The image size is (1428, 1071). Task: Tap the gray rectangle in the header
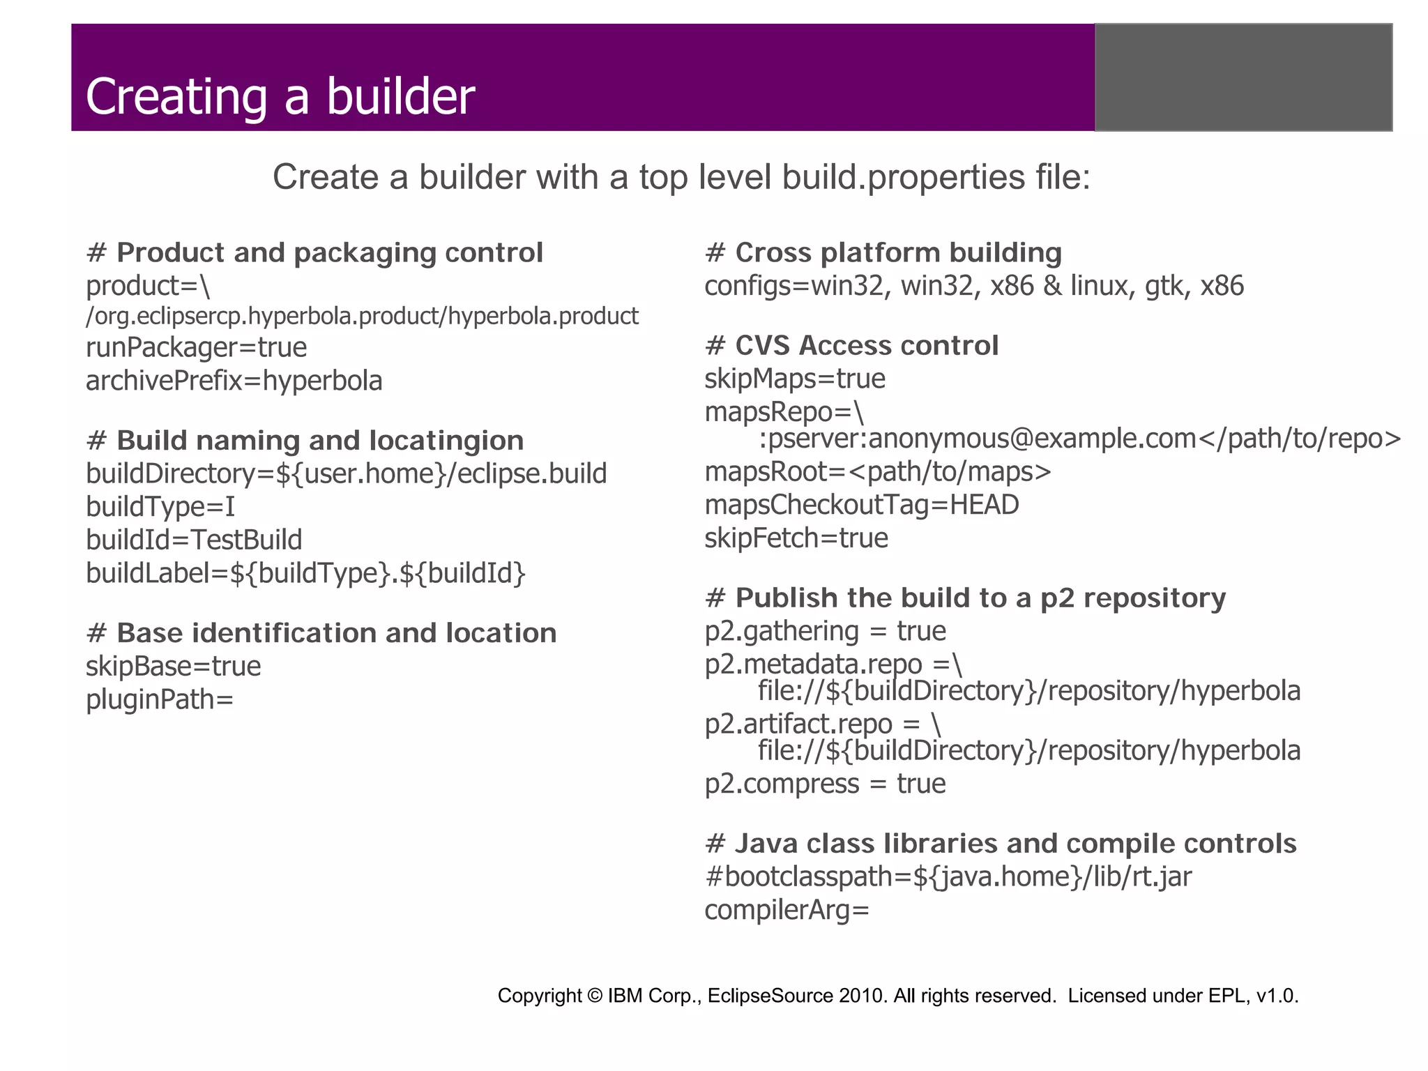1243,77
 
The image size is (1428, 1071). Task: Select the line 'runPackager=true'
196,347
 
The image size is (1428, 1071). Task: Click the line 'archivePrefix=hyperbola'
234,381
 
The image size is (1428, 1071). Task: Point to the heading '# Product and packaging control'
314,252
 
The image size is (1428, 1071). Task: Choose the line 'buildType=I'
160,506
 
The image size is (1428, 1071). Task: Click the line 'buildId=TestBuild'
194,540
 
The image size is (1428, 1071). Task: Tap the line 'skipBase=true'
173,666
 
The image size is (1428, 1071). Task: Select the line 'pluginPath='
160,699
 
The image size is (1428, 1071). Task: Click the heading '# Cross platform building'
883,252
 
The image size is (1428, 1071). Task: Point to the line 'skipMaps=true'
794,379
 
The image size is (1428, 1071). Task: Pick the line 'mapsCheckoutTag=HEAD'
861,505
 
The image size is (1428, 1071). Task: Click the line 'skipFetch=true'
796,538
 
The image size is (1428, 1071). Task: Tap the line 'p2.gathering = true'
825,631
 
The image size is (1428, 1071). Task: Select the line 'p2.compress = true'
825,784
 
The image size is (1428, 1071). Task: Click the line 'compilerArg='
787,910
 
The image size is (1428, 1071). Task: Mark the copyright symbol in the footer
595,996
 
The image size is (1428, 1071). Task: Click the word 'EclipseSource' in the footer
770,996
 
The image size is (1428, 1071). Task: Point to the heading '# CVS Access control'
851,346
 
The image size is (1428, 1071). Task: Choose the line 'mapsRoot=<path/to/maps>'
877,472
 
